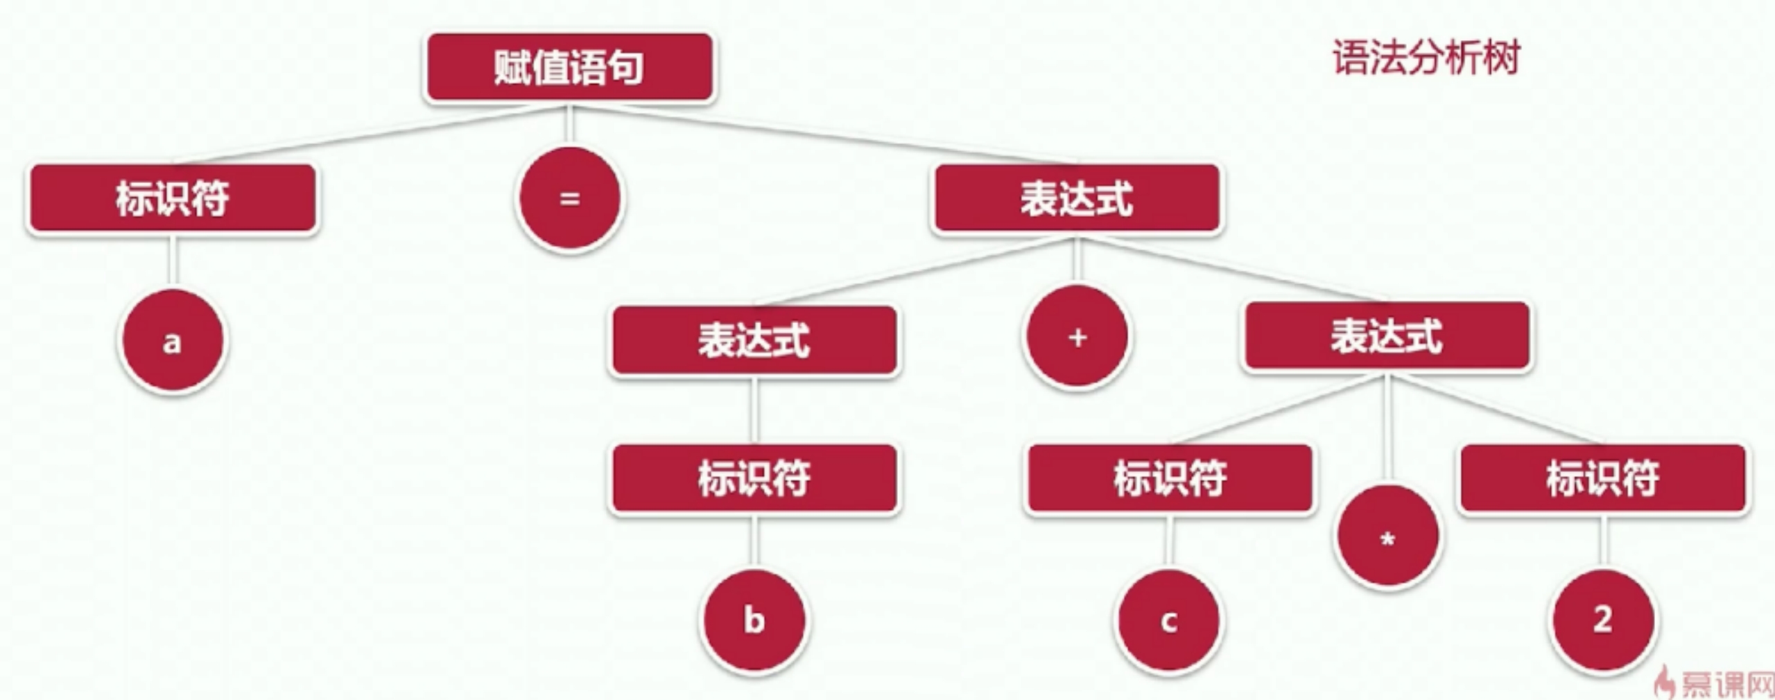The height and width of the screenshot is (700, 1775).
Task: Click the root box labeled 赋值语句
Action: (x=569, y=67)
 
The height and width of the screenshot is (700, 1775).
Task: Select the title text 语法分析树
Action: (x=1426, y=57)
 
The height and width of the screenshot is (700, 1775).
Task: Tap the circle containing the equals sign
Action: (x=569, y=199)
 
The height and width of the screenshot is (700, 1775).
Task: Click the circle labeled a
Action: (x=172, y=342)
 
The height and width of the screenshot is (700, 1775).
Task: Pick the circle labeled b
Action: (x=754, y=620)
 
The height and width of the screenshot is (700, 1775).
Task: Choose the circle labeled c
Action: (x=1169, y=621)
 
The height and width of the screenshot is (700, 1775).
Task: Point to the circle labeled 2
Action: (x=1602, y=620)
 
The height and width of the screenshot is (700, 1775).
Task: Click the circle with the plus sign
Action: (x=1077, y=338)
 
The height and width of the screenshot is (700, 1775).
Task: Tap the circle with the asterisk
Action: (x=1387, y=538)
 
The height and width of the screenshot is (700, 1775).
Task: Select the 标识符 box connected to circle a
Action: (x=172, y=198)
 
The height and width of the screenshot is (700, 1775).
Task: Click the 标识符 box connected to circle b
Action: (x=754, y=478)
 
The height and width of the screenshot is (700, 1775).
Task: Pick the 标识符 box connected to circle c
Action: (x=1170, y=478)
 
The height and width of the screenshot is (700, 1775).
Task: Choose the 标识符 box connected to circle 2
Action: (x=1602, y=478)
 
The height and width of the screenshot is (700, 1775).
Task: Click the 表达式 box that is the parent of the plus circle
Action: (x=1077, y=198)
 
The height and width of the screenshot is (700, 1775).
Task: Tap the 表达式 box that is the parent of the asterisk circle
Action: (x=1387, y=336)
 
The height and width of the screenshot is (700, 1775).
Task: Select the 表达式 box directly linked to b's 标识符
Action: (x=754, y=340)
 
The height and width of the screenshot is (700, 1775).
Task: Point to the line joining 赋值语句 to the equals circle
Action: (x=569, y=125)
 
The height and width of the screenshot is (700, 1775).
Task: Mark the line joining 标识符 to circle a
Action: (x=172, y=261)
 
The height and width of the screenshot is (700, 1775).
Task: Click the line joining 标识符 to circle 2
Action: (x=1602, y=541)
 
